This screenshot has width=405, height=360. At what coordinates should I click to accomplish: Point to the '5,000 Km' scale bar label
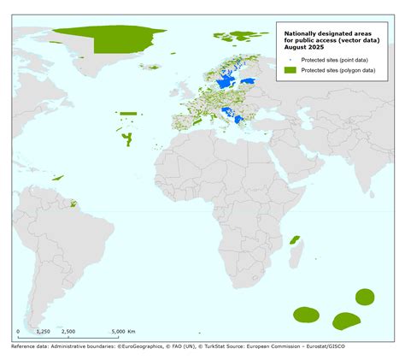[126, 331]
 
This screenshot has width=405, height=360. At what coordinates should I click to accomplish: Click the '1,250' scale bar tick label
[43, 331]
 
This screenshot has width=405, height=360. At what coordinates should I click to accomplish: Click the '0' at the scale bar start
[18, 331]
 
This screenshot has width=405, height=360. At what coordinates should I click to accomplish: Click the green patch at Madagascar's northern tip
[296, 239]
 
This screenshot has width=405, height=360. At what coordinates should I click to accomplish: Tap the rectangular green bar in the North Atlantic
[128, 113]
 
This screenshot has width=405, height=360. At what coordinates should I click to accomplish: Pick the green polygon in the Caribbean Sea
[58, 177]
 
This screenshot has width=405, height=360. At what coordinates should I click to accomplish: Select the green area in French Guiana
[73, 204]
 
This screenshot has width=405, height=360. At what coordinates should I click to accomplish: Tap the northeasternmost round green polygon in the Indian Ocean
[364, 298]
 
